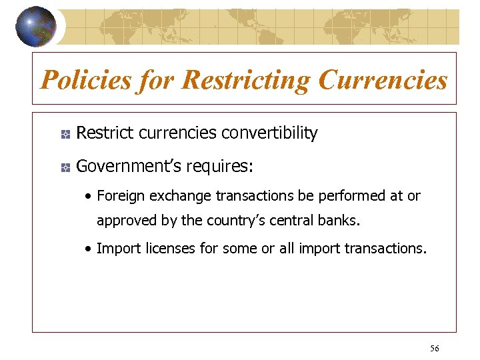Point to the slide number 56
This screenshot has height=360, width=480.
coord(435,349)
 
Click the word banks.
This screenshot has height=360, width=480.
coord(340,220)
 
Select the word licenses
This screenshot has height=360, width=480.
coord(164,249)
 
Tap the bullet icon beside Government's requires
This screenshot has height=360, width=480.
coord(65,167)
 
